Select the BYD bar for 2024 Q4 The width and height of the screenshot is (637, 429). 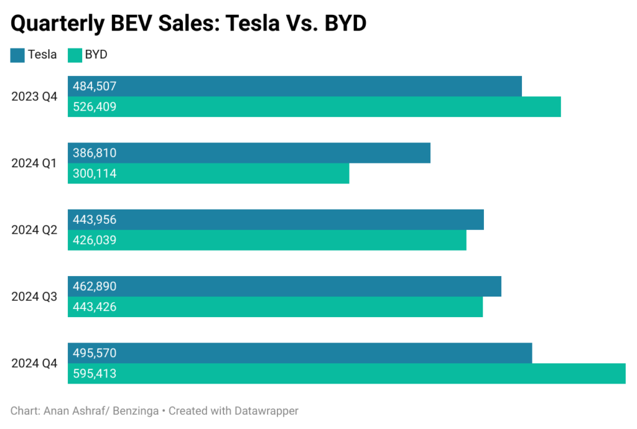pos(373,374)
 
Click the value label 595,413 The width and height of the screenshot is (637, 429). pos(95,374)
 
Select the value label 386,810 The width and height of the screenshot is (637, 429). pos(95,153)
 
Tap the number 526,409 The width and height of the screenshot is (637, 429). pos(95,107)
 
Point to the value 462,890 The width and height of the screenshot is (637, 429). pos(95,287)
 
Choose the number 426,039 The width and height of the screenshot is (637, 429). pos(95,240)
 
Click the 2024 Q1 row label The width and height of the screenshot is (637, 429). pos(34,164)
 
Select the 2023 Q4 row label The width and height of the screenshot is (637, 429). pos(34,96)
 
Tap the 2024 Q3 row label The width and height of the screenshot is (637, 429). pos(34,297)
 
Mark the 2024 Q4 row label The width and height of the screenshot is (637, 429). pos(34,363)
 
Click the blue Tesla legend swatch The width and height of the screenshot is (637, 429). pos(17,55)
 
